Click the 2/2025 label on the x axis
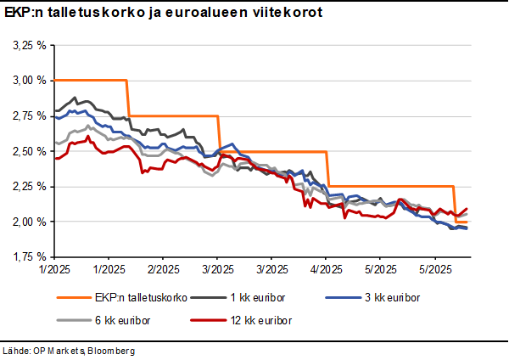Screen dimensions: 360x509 coord(162,268)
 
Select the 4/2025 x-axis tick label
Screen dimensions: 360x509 coord(326,268)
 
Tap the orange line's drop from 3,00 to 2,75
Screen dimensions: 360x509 coord(128,98)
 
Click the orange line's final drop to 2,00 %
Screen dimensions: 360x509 coord(456,204)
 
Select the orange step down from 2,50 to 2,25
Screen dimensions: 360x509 coord(328,168)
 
